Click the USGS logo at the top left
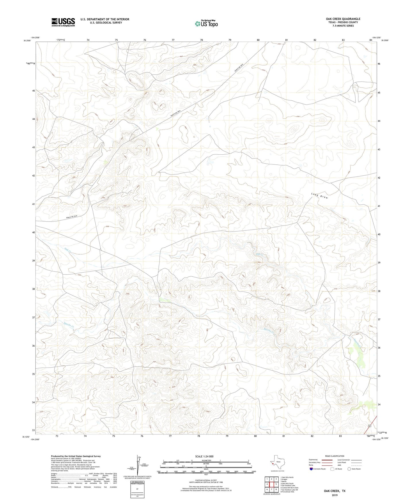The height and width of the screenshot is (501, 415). click(x=63, y=22)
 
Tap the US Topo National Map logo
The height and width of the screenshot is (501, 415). click(x=206, y=24)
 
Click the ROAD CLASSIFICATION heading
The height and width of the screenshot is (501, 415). click(x=335, y=456)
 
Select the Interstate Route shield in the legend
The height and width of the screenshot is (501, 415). click(x=311, y=469)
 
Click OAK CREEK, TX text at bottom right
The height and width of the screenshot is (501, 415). click(x=335, y=491)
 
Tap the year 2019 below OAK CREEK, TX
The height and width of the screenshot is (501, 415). click(x=335, y=495)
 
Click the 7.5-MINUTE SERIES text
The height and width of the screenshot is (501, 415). click(x=343, y=26)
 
